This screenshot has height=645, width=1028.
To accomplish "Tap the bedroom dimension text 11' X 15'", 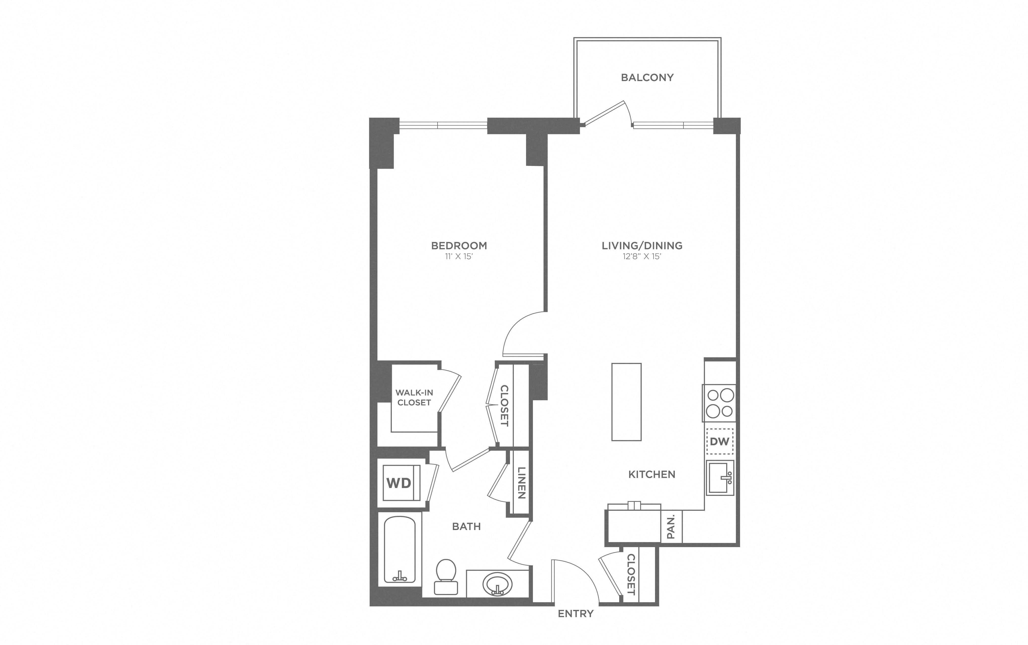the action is pyautogui.click(x=459, y=256).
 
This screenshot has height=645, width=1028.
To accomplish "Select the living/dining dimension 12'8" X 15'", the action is pyautogui.click(x=642, y=256).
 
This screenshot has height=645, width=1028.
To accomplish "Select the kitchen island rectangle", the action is pyautogui.click(x=626, y=402).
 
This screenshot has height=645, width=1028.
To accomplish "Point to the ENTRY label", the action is pyautogui.click(x=576, y=613).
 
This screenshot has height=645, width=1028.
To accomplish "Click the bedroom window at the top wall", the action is pyautogui.click(x=443, y=125).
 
